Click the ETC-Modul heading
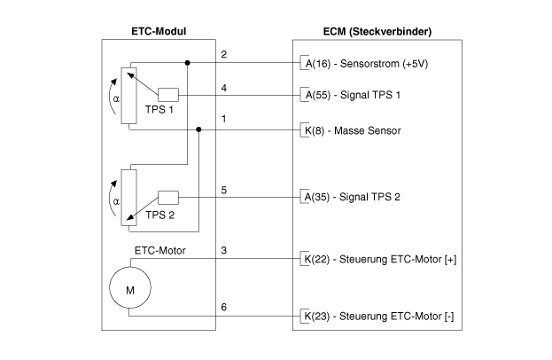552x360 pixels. click(x=159, y=31)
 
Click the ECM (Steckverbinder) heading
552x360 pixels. click(x=377, y=32)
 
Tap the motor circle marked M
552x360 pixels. click(x=130, y=288)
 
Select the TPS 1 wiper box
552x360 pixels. click(x=168, y=95)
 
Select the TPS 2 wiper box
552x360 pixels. click(x=168, y=198)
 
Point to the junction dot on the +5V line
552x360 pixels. click(x=187, y=63)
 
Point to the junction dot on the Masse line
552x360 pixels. click(x=198, y=129)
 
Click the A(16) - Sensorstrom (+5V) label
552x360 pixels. click(x=367, y=64)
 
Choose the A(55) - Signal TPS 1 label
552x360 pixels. click(x=353, y=95)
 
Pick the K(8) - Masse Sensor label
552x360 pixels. click(x=353, y=130)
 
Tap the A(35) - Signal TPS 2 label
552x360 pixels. click(x=353, y=197)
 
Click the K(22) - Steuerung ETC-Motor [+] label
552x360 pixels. click(x=380, y=259)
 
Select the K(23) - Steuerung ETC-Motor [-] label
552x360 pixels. click(x=379, y=317)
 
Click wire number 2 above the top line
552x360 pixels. click(x=224, y=55)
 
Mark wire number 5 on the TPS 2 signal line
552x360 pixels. click(x=224, y=191)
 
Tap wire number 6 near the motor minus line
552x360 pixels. click(x=224, y=307)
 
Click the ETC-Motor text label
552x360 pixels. click(x=159, y=251)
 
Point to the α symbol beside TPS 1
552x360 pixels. click(x=116, y=99)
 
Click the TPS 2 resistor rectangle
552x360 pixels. click(x=128, y=198)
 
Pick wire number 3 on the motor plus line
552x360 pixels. click(x=224, y=250)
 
